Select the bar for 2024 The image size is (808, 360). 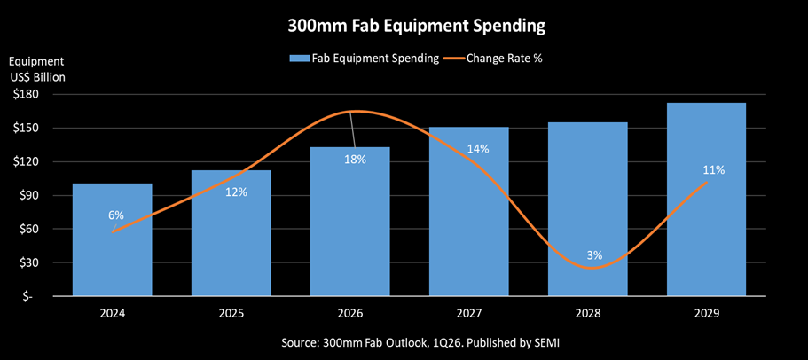coord(113,239)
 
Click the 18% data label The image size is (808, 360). coord(356,159)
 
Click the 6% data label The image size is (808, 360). coord(116,215)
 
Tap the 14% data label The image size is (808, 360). coord(478,149)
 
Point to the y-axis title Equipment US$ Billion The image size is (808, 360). coord(37,68)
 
